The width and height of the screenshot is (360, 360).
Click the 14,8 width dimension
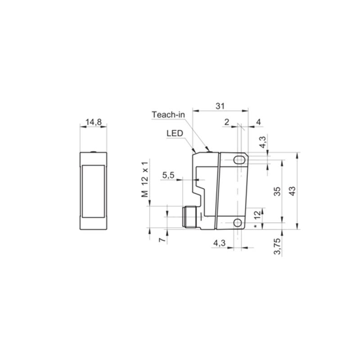[94, 122]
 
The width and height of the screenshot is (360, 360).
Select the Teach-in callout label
[168, 115]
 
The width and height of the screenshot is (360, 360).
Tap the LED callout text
[175, 133]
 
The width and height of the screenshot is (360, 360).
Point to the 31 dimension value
[220, 106]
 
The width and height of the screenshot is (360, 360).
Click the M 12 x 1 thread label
[145, 180]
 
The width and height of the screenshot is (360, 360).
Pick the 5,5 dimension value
[168, 175]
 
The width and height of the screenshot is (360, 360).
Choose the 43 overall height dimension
[292, 191]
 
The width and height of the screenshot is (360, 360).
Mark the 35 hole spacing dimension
[278, 191]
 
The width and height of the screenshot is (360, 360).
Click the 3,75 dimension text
[277, 246]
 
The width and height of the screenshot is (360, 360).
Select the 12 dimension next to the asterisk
[258, 214]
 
